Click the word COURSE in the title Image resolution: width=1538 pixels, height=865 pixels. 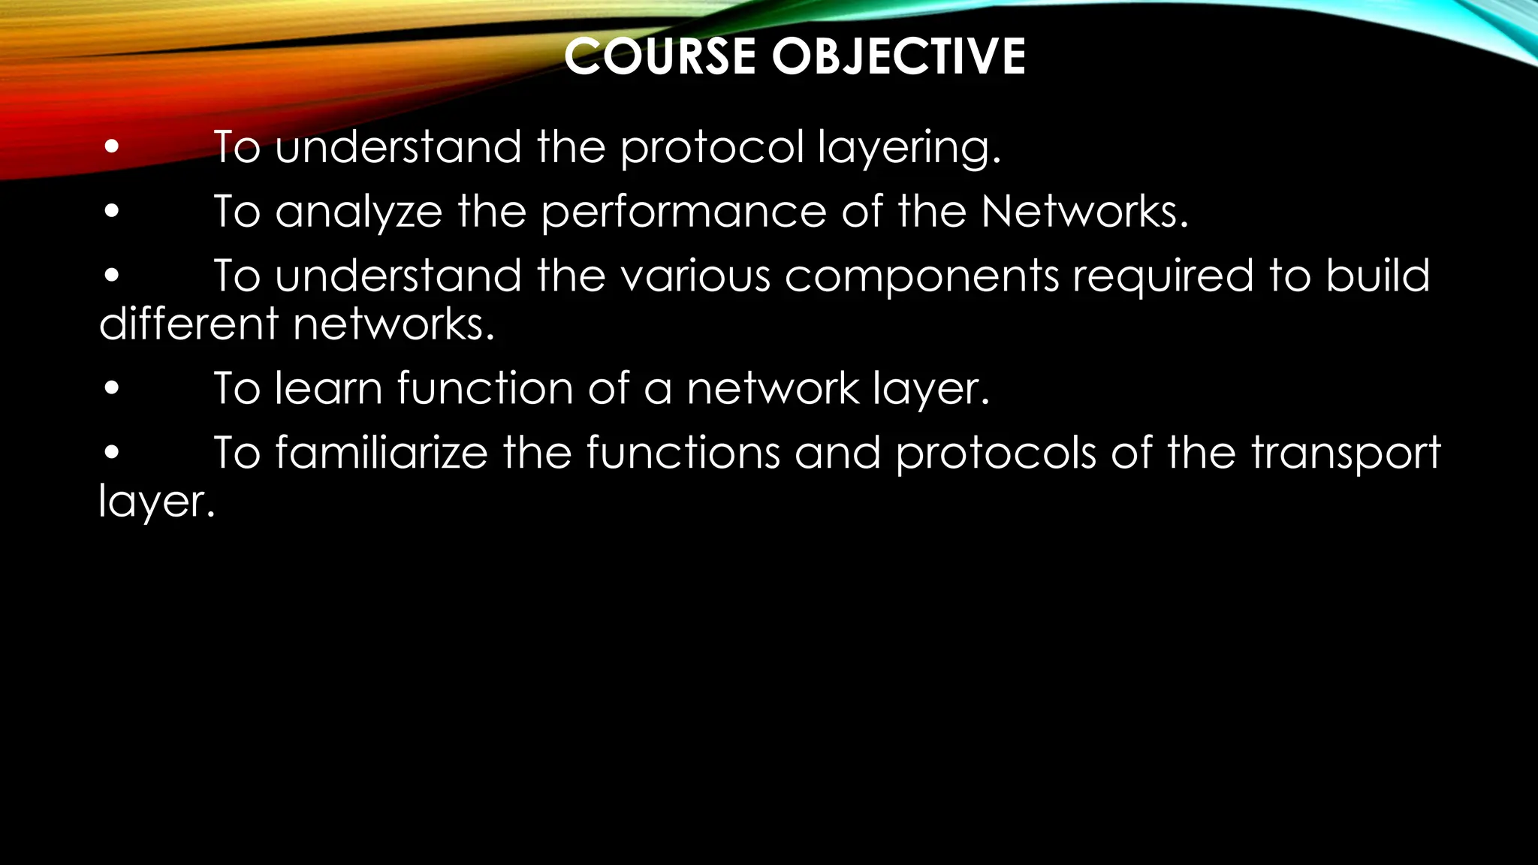(659, 57)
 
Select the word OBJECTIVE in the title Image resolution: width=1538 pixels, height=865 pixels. (898, 57)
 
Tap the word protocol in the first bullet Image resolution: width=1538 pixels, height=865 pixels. (712, 147)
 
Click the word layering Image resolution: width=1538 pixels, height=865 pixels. (909, 149)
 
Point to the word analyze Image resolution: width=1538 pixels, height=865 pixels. (359, 212)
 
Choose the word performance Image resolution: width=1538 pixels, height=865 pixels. (683, 212)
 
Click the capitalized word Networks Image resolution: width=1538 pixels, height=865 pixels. (1084, 211)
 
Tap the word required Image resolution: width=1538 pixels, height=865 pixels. (1163, 277)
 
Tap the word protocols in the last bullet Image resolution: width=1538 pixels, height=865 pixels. (996, 454)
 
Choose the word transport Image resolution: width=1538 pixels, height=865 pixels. (1346, 454)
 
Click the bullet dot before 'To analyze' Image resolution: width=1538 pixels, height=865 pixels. (112, 212)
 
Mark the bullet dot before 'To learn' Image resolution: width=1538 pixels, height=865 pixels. (112, 389)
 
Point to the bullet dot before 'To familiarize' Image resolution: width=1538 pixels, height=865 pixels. (112, 454)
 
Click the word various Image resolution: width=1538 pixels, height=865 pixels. (695, 276)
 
